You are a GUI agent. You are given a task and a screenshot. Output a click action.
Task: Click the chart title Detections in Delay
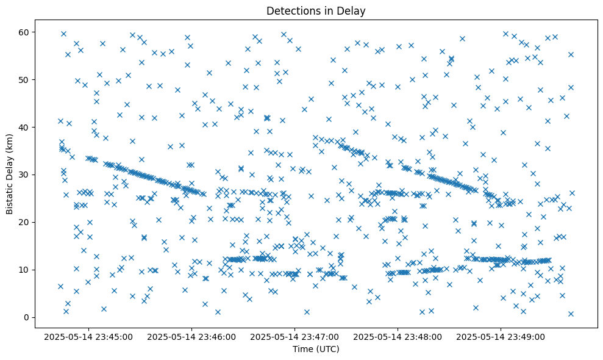pos(316,11)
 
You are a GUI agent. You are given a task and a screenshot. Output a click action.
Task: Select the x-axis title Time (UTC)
pos(316,349)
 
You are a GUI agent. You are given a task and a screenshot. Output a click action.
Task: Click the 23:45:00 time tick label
pos(89,336)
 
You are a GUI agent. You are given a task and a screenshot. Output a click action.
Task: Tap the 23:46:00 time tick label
pos(192,336)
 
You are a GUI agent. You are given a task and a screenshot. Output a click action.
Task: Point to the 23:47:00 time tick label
pos(295,336)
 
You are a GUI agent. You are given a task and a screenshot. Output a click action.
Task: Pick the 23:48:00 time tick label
pos(398,336)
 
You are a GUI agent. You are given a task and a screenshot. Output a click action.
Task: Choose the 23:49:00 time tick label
pos(501,336)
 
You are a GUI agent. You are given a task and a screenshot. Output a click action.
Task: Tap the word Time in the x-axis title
pos(302,349)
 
